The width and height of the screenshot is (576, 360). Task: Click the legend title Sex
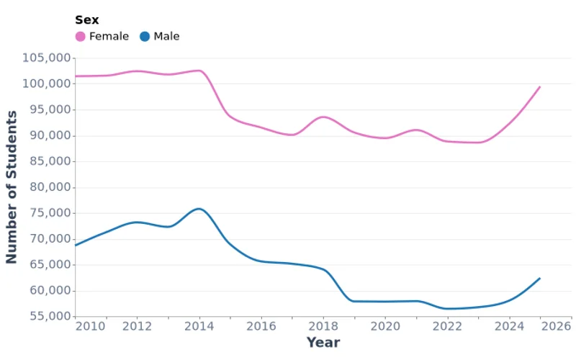(x=87, y=20)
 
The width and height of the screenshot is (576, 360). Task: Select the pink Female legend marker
(x=80, y=37)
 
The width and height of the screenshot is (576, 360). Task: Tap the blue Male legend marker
(x=145, y=37)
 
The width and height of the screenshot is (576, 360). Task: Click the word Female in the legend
(x=109, y=37)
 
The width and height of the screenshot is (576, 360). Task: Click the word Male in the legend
(x=166, y=37)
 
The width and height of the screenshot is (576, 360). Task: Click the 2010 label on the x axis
(x=90, y=326)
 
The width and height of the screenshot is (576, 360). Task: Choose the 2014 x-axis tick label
(x=199, y=326)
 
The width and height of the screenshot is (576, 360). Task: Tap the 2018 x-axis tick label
(x=323, y=326)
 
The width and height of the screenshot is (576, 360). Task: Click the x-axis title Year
(x=323, y=343)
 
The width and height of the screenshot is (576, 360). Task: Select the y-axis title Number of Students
(x=12, y=187)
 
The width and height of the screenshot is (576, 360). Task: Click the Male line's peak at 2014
(x=199, y=209)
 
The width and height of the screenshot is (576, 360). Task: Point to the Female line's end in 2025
(x=540, y=86)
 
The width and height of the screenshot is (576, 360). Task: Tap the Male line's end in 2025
(x=540, y=278)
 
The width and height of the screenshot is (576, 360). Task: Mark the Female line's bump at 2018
(x=323, y=117)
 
